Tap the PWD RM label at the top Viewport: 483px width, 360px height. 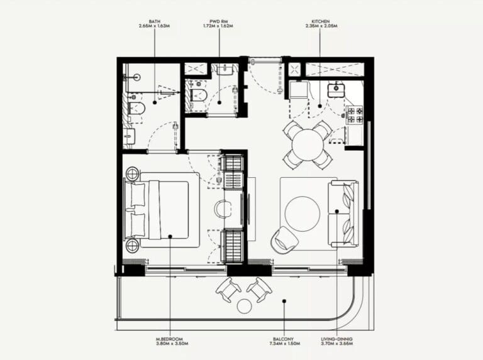219,21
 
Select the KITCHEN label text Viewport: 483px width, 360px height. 319,21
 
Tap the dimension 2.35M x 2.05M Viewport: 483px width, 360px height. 319,26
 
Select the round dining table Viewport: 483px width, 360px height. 308,145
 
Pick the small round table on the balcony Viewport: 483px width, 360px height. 244,306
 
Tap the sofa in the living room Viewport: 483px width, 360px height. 343,214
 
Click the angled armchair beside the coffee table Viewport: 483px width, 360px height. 284,239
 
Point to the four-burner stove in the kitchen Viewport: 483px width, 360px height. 354,114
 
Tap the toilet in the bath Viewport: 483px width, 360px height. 137,111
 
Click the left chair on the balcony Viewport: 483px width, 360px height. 228,289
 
